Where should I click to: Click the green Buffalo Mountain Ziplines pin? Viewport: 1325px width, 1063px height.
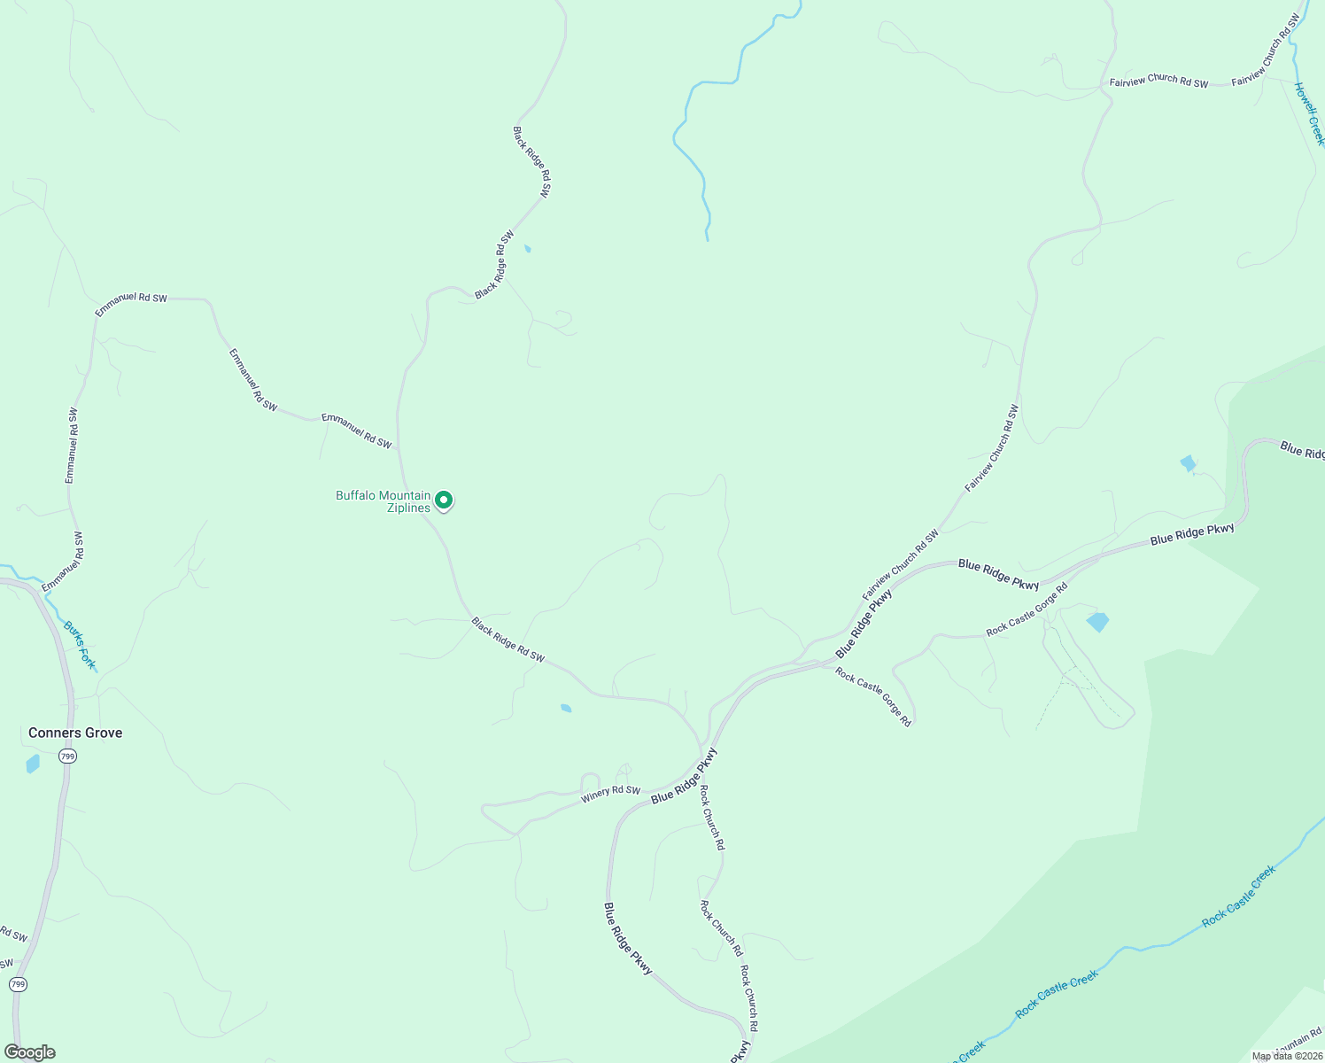coord(444,500)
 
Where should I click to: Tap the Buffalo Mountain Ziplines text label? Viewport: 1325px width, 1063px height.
coord(384,501)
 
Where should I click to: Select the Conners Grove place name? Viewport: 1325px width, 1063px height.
coord(75,733)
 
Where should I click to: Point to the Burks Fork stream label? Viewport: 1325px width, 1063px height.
coord(79,645)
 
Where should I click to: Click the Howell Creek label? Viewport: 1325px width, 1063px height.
coord(1308,114)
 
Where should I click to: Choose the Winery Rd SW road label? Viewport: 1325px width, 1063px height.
coord(610,794)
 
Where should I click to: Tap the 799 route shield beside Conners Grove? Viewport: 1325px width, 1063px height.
coord(68,756)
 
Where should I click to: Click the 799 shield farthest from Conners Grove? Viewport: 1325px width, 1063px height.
coord(18,984)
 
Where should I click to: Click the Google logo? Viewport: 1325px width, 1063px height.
coord(29,1052)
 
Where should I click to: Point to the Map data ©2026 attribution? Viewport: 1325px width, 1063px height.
coord(1286,1056)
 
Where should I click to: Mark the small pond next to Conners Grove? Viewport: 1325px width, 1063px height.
coord(33,763)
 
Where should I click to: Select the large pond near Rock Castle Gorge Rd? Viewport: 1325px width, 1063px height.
coord(1097,622)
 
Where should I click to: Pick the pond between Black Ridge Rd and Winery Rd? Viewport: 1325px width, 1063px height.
coord(566,708)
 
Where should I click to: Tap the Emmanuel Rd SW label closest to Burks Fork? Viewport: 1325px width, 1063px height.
coord(62,563)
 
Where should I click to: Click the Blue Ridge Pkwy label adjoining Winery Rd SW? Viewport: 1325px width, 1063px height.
coord(684,777)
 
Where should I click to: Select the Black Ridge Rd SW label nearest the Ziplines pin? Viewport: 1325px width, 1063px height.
coord(508,640)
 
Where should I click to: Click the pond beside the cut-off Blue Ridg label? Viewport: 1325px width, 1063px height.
coord(1189,463)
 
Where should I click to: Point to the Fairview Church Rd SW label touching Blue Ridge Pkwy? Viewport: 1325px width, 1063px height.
coord(901,565)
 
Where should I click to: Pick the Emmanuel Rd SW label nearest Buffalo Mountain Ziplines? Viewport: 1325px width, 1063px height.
coord(356,431)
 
